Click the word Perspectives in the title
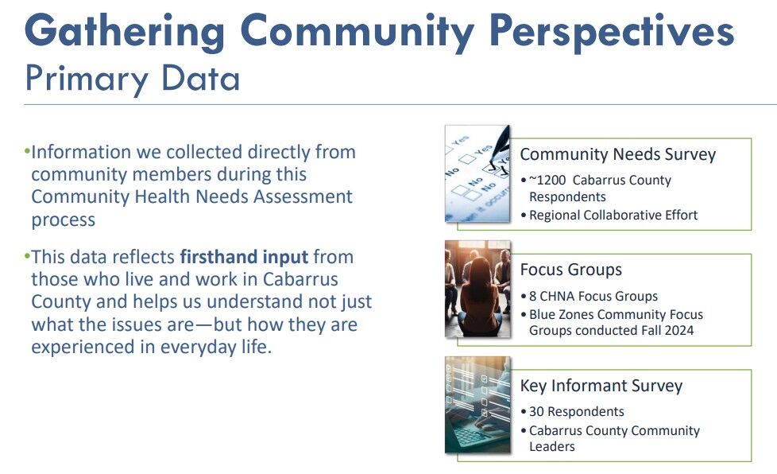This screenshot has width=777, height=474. click(x=611, y=31)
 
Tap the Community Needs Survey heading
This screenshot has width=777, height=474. click(x=617, y=154)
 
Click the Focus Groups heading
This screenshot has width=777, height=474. click(x=570, y=270)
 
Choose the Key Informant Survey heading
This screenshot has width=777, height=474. click(x=601, y=386)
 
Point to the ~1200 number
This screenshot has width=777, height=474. click(x=547, y=180)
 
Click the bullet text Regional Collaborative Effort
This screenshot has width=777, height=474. click(x=613, y=216)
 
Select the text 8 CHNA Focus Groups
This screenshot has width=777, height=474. click(x=593, y=296)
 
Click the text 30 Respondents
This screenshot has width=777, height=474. click(x=576, y=411)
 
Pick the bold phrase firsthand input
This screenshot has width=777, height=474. click(x=244, y=257)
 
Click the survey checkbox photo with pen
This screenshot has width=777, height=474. click(x=477, y=173)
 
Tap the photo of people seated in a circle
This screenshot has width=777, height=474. click(x=477, y=289)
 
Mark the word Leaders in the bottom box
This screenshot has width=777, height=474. click(x=551, y=446)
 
